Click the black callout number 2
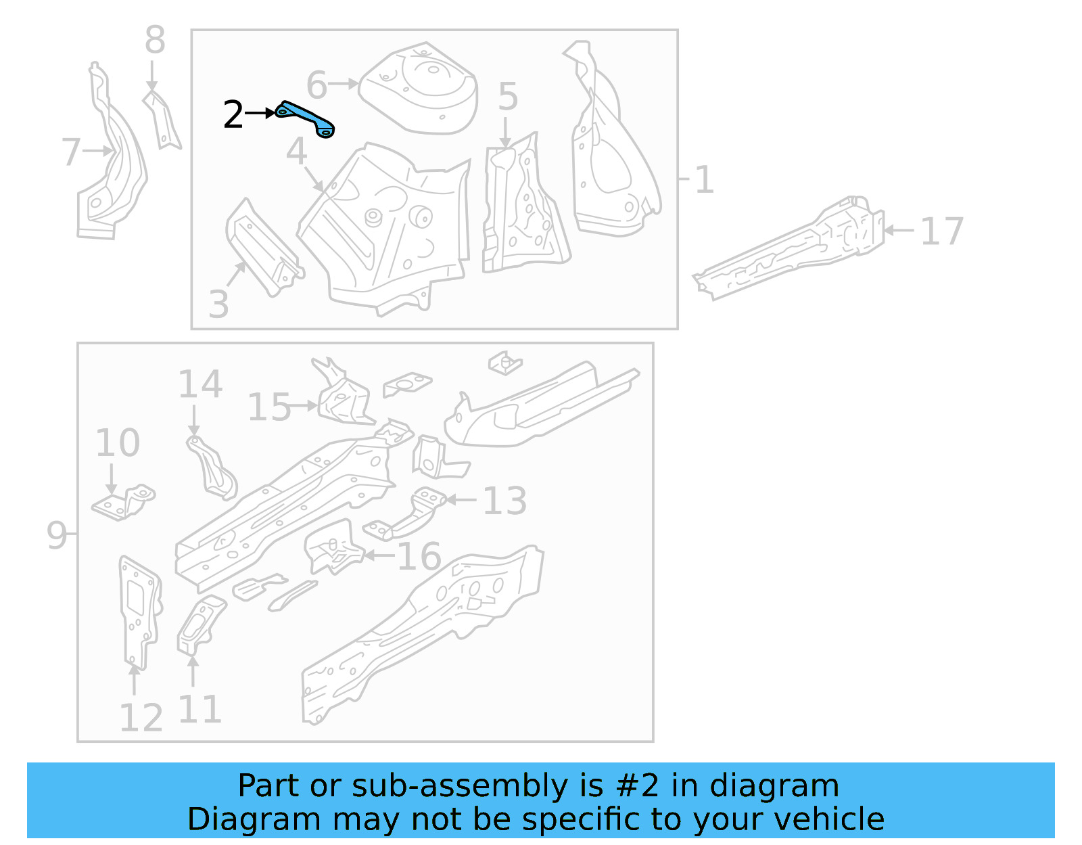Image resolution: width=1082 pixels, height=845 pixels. (233, 115)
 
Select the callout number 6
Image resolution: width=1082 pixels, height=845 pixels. (316, 86)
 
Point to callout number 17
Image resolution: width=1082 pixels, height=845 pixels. (941, 232)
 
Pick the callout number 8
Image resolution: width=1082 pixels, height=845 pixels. (155, 41)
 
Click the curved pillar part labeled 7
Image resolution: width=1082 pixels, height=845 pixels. (112, 162)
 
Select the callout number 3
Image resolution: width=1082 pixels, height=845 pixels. (218, 305)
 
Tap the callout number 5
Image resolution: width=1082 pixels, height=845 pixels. (508, 97)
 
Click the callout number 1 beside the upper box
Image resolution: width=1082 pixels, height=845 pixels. (704, 180)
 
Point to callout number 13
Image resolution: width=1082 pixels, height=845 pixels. (504, 501)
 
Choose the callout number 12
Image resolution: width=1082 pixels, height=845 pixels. (141, 718)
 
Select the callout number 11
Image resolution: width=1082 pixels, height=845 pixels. (199, 710)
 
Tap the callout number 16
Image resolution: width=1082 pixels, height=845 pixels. (419, 557)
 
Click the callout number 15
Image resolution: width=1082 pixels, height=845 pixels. (269, 407)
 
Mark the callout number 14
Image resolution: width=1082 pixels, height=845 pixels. (200, 384)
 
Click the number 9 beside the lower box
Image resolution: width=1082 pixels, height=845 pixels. (57, 535)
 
